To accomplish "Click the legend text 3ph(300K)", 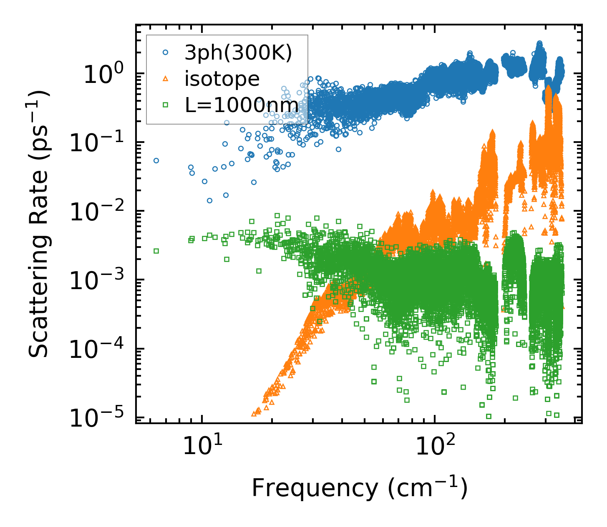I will click(x=238, y=53).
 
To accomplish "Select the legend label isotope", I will click(x=222, y=79).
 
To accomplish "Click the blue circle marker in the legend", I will click(x=166, y=53).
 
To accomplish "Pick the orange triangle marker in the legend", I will click(x=166, y=79).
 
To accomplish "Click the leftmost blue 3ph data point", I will click(x=156, y=160).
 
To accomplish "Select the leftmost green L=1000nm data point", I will click(x=156, y=251).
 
